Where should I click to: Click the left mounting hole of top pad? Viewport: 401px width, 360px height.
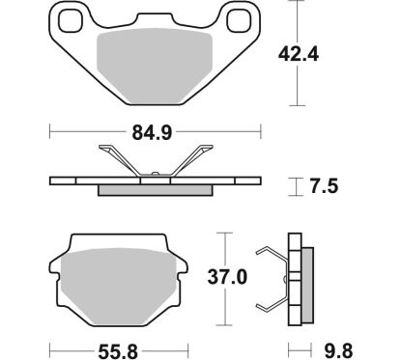tap(72, 19)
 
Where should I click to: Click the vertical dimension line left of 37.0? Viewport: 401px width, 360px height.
tap(225, 278)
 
